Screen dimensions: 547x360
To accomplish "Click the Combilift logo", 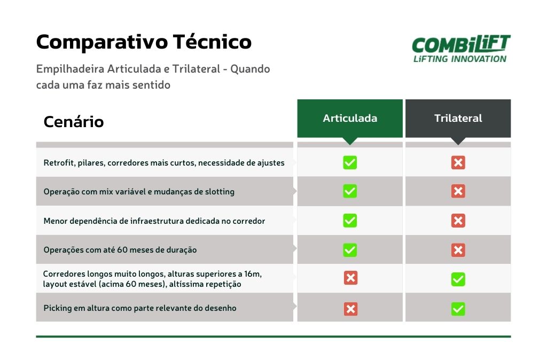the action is coord(461,49).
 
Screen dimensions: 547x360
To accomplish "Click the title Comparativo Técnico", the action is coord(144,42).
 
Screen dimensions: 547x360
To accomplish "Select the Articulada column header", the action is coord(350,118).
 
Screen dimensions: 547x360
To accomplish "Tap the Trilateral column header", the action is coord(458,118).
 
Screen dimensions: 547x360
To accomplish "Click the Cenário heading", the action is coord(74,122).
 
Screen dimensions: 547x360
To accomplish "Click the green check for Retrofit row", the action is coord(350,162).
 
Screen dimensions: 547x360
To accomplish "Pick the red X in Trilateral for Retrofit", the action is coord(458,162).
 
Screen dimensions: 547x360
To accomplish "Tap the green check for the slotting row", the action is coord(350,191).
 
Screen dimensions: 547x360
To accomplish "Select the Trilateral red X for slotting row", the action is coord(458,191).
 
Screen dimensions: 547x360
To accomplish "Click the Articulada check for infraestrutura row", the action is coord(350,221).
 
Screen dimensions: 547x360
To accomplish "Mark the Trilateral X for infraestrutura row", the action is coord(458,221).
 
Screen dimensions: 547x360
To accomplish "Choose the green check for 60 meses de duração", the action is coord(350,250).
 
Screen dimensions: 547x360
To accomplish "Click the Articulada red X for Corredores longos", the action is coord(350,278).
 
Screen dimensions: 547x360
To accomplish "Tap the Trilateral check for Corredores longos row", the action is coord(458,279).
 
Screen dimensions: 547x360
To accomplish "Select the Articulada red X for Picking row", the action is coord(350,309).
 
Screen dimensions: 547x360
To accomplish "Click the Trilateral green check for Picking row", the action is coord(458,309).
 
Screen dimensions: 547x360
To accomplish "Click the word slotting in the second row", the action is coord(220,192).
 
